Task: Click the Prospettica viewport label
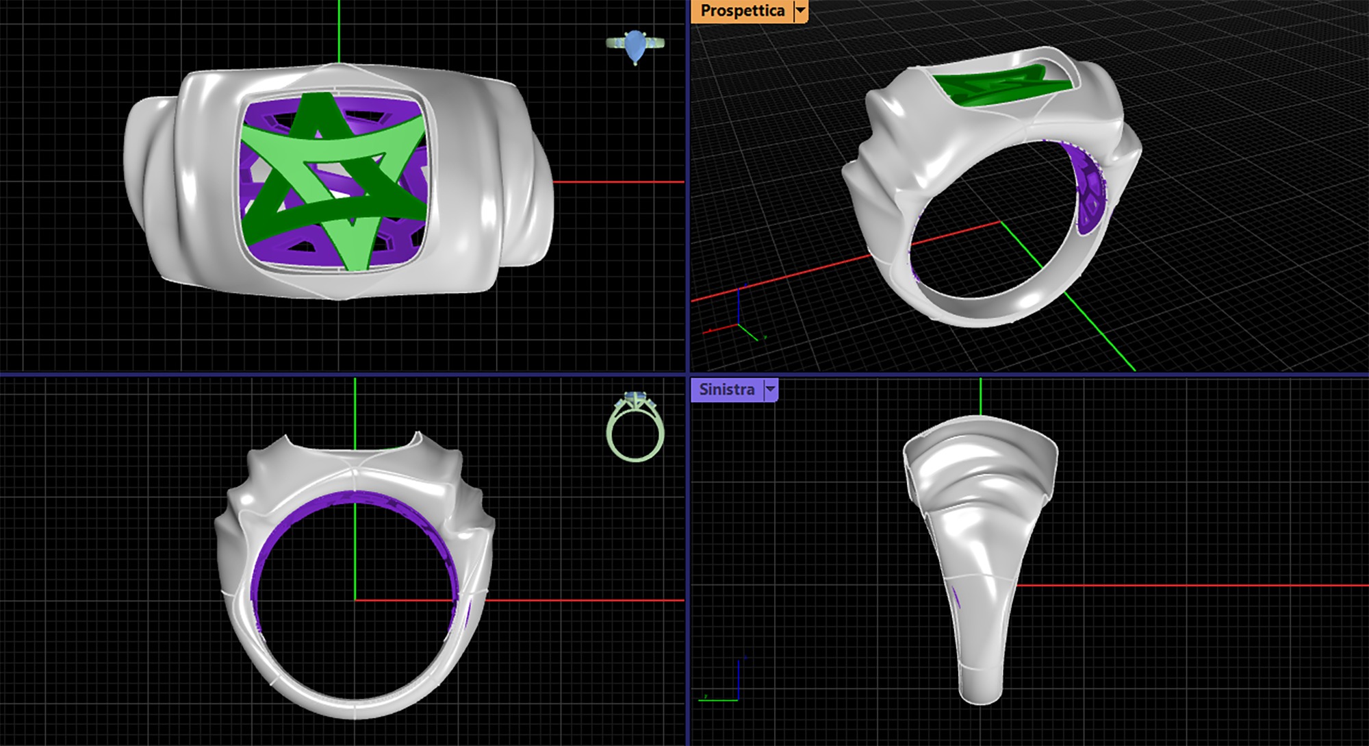coord(742,11)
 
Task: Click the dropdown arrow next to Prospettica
coord(800,11)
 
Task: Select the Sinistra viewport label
coord(726,390)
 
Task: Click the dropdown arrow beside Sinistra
coord(771,390)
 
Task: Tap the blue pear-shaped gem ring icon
coord(635,46)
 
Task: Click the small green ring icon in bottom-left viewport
coord(635,428)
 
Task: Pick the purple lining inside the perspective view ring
coord(1088,199)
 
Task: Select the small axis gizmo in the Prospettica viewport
coord(739,315)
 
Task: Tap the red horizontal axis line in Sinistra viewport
coord(1198,586)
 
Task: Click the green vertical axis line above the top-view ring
coord(339,31)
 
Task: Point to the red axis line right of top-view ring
coord(616,182)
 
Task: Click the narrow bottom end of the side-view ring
coord(980,688)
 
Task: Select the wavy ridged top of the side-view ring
coord(980,466)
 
